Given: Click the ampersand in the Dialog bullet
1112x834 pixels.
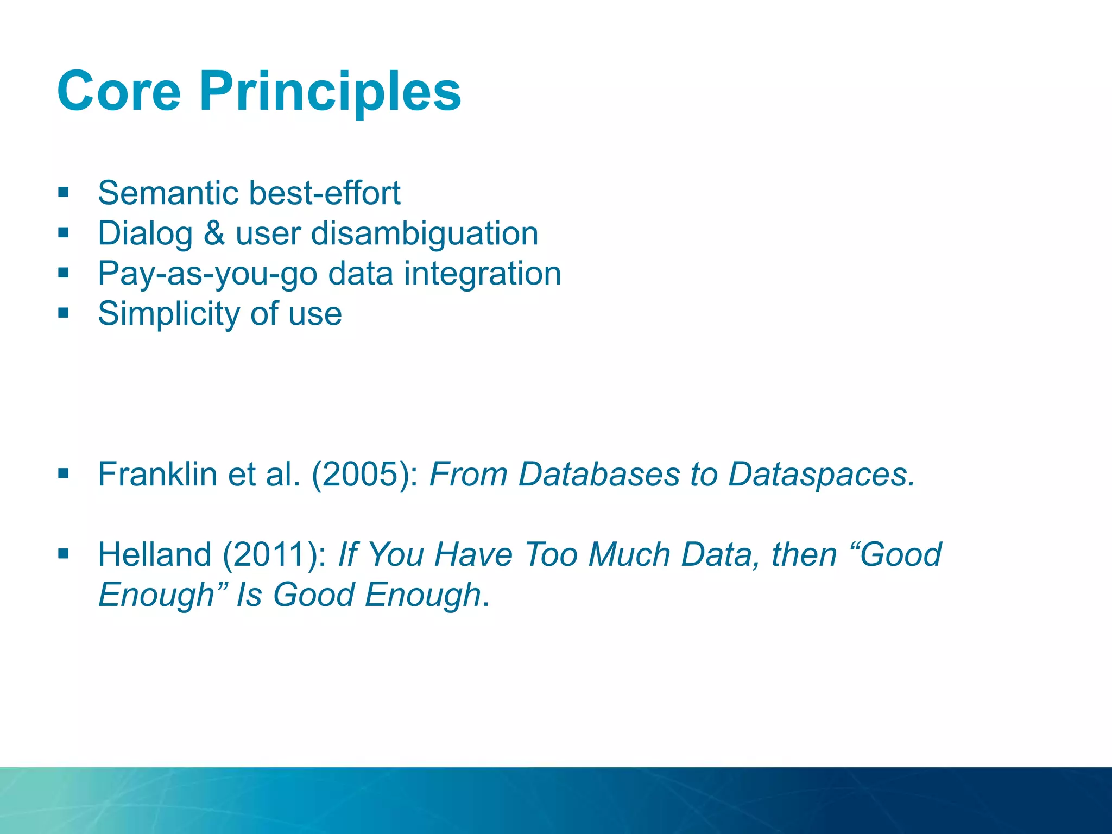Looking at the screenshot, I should pos(214,233).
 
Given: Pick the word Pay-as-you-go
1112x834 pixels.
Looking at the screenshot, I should pos(207,274).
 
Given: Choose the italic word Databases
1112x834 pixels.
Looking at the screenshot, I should pos(599,474).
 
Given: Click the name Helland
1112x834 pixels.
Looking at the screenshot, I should pos(155,554).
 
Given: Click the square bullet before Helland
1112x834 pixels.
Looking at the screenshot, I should pos(64,554).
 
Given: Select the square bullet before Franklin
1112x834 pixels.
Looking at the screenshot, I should pos(64,473).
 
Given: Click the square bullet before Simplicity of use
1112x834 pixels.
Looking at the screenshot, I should pos(64,313).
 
